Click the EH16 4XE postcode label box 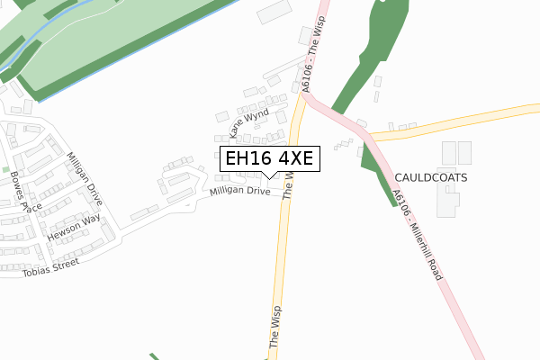(268, 159)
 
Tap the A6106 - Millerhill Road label (417, 234)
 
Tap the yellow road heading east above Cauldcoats (459, 123)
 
